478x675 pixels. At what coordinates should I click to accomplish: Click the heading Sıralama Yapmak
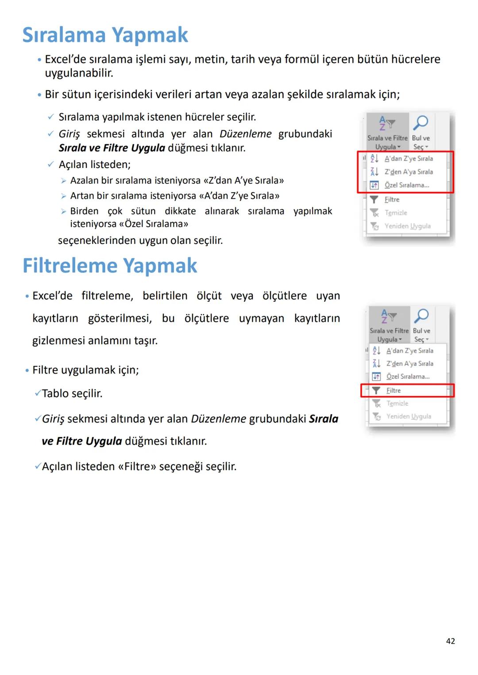105,35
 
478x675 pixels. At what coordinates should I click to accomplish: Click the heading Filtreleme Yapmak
110,266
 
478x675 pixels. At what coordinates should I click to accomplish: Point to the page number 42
450,641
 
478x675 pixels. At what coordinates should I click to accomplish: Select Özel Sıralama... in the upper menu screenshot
406,185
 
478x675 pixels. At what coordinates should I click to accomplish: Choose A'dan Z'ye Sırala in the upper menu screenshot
408,159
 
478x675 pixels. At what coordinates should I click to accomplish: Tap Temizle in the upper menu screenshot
395,213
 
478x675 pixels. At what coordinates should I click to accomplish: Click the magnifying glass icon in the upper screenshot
420,123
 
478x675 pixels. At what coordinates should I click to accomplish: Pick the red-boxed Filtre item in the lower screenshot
393,390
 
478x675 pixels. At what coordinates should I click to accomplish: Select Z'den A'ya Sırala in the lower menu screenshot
409,363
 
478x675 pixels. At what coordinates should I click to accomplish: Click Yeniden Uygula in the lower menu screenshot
408,416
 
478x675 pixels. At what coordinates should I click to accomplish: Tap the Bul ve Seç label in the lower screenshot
421,335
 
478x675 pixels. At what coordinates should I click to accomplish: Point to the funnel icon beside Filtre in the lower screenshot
376,390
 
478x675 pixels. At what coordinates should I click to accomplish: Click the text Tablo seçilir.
72,393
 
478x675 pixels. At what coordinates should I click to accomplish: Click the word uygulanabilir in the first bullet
79,73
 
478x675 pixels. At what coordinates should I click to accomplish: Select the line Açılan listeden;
94,164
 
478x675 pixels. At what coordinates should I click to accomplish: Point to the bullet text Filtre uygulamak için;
85,370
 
